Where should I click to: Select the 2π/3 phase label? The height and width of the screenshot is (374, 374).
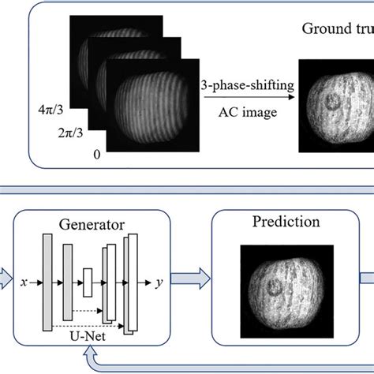pos(73,129)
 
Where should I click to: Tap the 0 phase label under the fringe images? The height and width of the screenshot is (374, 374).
pos(96,155)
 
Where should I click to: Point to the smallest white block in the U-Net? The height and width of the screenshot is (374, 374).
pos(88,282)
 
